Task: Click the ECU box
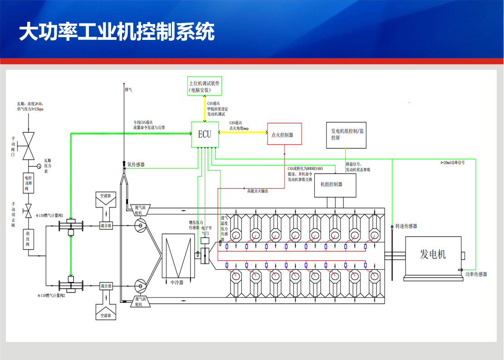205,134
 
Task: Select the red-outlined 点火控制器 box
284,135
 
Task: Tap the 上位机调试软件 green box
205,86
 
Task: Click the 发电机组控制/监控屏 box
346,135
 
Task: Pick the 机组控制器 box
335,185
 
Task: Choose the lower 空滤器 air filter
105,310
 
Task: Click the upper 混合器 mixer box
106,225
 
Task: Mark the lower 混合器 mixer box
106,286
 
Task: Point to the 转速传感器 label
406,226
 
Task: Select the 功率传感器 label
476,274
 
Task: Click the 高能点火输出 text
258,191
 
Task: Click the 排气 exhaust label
128,90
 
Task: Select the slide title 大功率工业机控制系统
117,32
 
